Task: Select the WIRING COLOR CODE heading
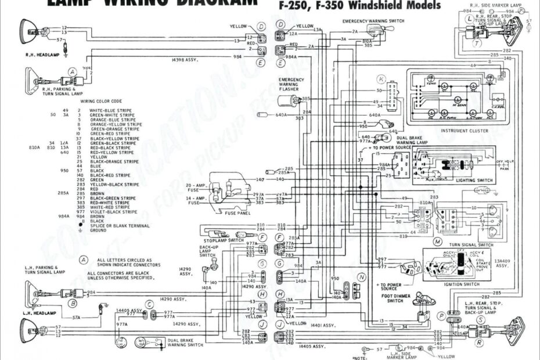[101, 101]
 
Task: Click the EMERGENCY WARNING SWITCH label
[373, 21]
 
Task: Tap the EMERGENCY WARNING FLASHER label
[289, 84]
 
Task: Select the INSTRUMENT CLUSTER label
[465, 131]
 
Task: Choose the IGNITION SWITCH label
[462, 285]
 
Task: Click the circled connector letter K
[381, 79]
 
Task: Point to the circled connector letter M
[437, 240]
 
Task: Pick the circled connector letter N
[362, 277]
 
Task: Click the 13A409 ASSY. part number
[502, 263]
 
